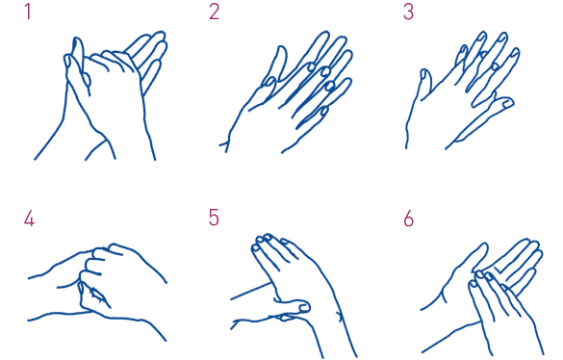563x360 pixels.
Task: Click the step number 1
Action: click(x=28, y=12)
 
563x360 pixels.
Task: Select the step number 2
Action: click(x=214, y=12)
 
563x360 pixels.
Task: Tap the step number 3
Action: click(x=408, y=12)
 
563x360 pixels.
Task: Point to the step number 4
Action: click(x=29, y=219)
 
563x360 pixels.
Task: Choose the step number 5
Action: click(x=214, y=218)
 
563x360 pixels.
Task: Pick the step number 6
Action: click(x=409, y=219)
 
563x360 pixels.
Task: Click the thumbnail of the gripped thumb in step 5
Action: click(x=304, y=308)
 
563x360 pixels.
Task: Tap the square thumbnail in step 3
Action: click(x=507, y=104)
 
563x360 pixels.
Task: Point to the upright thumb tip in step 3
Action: click(x=425, y=74)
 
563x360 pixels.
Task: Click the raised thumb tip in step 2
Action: click(x=281, y=50)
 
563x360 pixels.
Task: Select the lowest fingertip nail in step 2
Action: click(x=324, y=111)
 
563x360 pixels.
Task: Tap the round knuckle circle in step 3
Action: click(x=495, y=65)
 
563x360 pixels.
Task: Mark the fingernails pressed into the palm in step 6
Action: click(x=482, y=278)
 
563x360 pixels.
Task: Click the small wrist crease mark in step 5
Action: click(x=339, y=316)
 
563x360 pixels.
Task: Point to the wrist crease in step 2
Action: click(x=225, y=145)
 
